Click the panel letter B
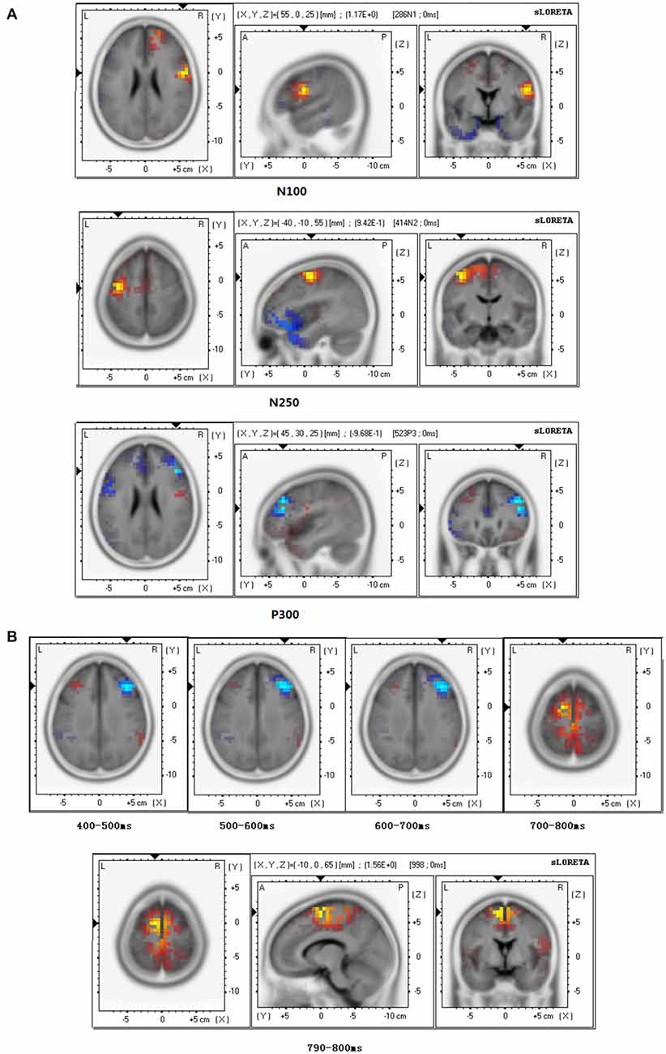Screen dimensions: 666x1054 11,636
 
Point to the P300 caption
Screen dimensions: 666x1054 284,615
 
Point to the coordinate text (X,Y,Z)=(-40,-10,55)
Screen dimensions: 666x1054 295,221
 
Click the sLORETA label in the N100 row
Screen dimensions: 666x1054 553,14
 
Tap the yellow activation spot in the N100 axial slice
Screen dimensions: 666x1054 184,71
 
